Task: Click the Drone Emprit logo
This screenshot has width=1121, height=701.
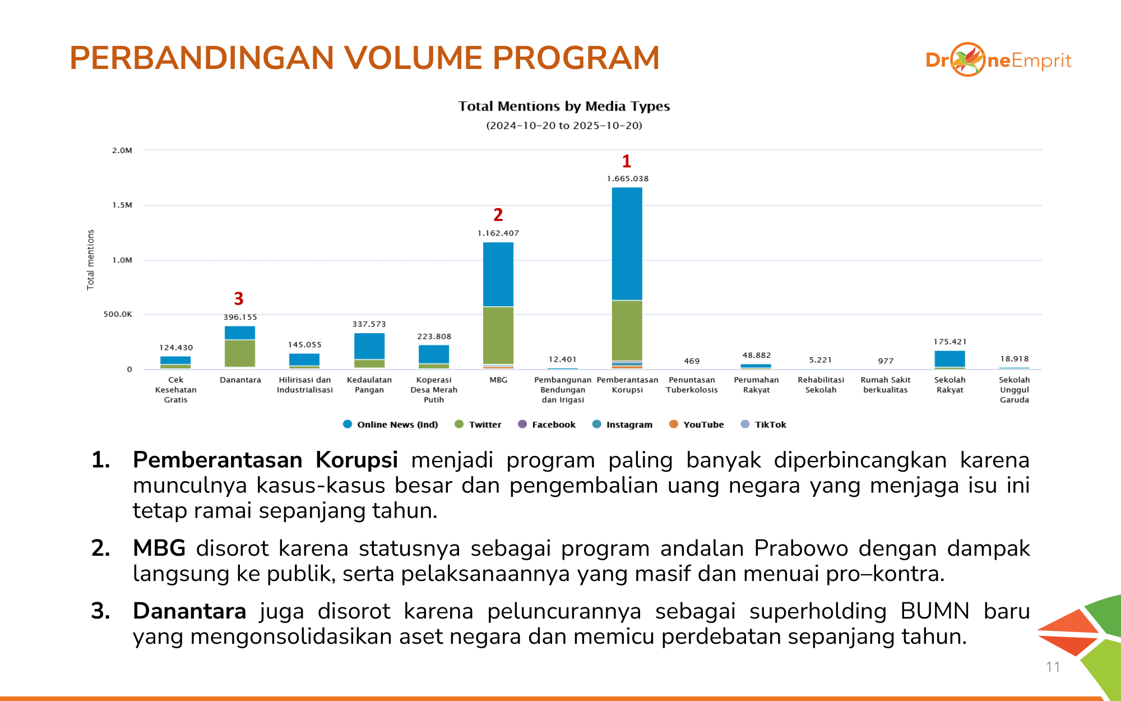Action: coord(998,60)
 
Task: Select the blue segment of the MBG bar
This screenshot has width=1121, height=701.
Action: coord(498,274)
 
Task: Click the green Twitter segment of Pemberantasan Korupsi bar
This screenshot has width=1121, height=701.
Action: coord(627,330)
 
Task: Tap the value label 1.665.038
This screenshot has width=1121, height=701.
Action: coord(628,179)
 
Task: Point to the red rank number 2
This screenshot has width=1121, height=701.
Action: coord(498,215)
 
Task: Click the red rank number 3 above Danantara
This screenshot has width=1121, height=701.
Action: coord(239,298)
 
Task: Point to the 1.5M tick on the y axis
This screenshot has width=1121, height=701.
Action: coord(122,205)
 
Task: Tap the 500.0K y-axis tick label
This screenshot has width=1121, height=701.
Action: coord(118,315)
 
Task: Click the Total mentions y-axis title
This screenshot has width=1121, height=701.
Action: coord(90,260)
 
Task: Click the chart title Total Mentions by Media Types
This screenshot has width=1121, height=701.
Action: coord(564,107)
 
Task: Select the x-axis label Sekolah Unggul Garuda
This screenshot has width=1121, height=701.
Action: coord(1014,390)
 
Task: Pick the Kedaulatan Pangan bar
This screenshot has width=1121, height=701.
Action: coord(369,350)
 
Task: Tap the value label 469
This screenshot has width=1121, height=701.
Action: coord(692,361)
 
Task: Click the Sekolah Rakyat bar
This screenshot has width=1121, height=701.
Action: coord(949,359)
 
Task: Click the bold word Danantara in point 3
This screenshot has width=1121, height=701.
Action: coord(189,611)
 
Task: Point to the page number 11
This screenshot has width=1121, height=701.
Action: coord(1053,667)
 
